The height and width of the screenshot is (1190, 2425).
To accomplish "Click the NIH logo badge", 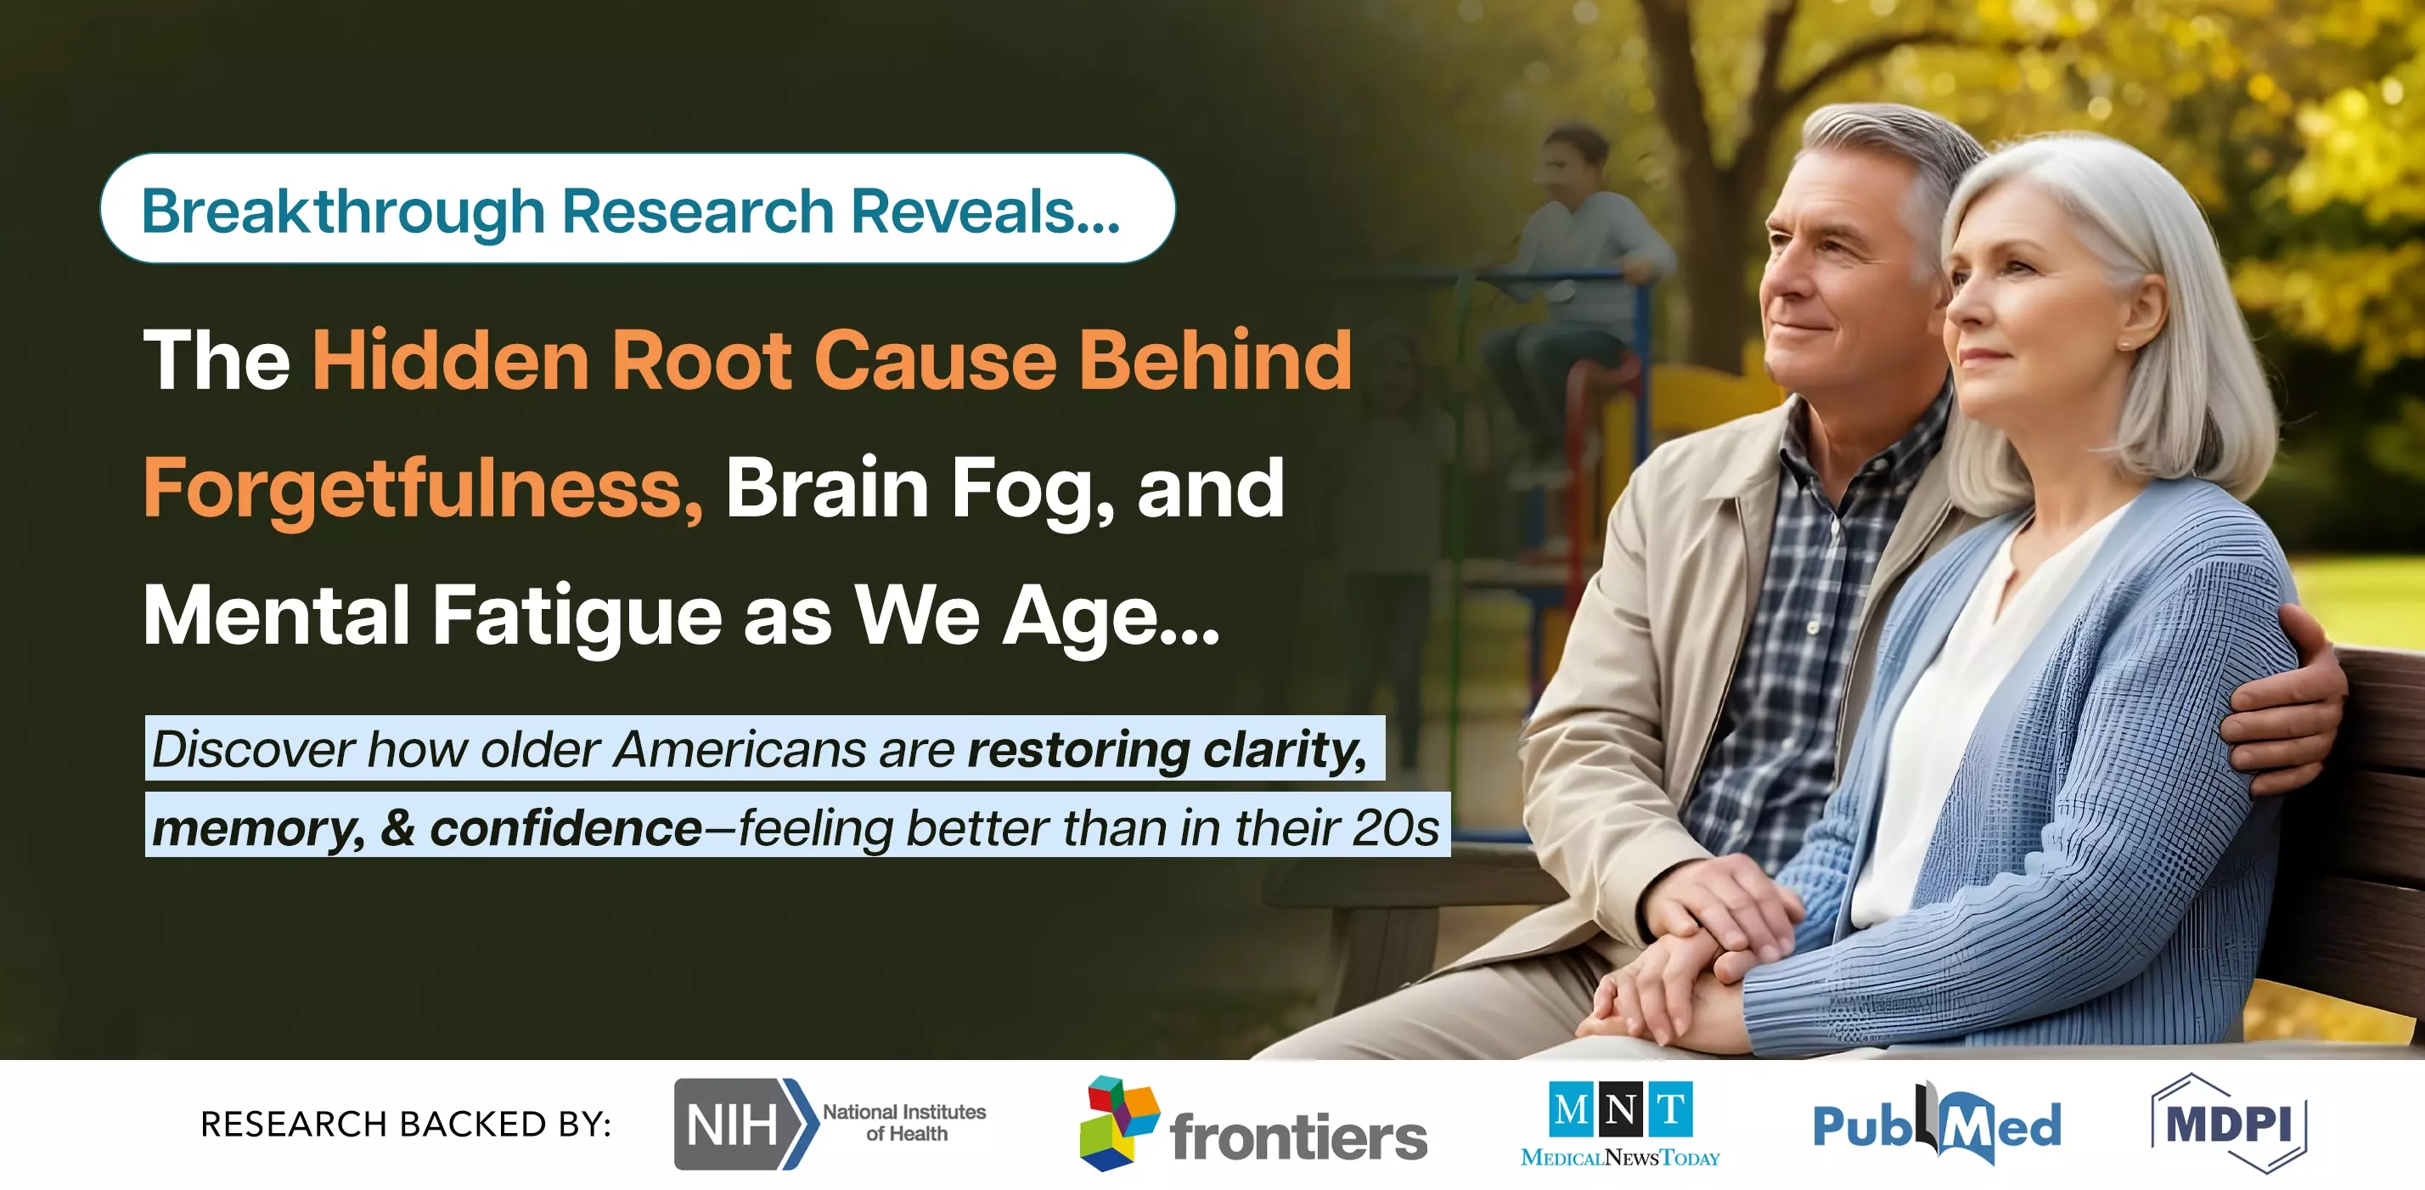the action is [745, 1124].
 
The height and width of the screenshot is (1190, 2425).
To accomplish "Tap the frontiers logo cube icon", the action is [1118, 1123].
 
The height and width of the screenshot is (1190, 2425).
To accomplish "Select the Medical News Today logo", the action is [1620, 1124].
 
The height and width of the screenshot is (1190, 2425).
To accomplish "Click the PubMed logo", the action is [1937, 1123].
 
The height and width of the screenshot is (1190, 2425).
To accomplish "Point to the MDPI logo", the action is [2228, 1123].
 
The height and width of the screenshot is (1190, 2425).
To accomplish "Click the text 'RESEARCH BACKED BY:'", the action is [406, 1124].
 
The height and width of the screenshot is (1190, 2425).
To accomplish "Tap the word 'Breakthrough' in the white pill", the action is [343, 211].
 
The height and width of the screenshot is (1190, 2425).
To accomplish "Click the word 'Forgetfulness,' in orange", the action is [423, 488].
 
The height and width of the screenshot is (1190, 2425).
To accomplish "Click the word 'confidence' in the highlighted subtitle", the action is [565, 827].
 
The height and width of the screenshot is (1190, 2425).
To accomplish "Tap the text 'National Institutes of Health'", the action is [904, 1122].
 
